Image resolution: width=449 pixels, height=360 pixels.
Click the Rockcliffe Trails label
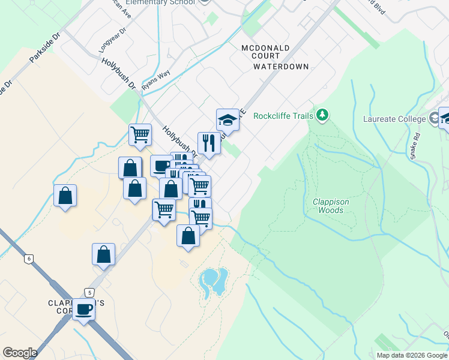pyautogui.click(x=284, y=116)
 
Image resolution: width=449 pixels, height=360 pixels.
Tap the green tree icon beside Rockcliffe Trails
pyautogui.click(x=322, y=115)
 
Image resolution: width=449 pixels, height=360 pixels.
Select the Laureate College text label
pyautogui.click(x=394, y=119)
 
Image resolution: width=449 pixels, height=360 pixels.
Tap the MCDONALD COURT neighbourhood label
pyautogui.click(x=265, y=52)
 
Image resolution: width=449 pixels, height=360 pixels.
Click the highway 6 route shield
pyautogui.click(x=28, y=259)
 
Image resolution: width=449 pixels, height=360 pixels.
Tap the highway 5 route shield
pyautogui.click(x=89, y=292)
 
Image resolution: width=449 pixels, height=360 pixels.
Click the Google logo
pyautogui.click(x=20, y=353)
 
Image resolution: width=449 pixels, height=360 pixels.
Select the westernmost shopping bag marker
pyautogui.click(x=65, y=196)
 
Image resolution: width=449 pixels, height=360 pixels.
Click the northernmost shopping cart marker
pyautogui.click(x=140, y=134)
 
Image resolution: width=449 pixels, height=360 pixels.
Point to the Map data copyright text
pyautogui.click(x=412, y=355)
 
